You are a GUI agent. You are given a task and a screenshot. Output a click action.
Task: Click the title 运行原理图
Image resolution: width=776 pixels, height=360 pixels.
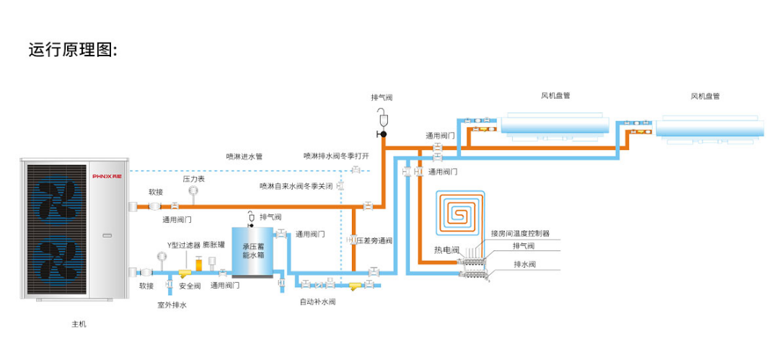[x=72, y=51]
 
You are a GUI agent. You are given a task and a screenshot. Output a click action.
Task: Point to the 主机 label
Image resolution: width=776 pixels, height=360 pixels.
[x=79, y=325]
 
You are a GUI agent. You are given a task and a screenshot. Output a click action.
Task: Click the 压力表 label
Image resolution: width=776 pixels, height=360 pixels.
[x=194, y=179]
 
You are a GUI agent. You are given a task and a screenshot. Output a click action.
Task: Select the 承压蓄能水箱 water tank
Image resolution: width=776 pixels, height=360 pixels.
[x=252, y=252]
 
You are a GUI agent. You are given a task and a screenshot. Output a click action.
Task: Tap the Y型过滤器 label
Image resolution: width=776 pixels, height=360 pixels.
[x=184, y=245]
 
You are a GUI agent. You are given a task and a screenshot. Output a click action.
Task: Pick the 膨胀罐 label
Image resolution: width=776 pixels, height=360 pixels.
[x=213, y=245]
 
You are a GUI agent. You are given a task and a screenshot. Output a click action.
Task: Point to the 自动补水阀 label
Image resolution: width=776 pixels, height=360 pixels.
[x=317, y=302]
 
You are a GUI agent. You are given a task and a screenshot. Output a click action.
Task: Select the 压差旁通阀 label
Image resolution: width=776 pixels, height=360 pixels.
[x=374, y=241]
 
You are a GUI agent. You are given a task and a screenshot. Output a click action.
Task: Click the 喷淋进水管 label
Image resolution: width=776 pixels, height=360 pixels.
[x=244, y=157]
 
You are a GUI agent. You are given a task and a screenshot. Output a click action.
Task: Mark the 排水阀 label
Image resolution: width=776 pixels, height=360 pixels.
[x=524, y=264]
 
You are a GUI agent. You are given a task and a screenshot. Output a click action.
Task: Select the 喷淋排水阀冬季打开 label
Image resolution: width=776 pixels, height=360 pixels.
[x=336, y=156]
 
